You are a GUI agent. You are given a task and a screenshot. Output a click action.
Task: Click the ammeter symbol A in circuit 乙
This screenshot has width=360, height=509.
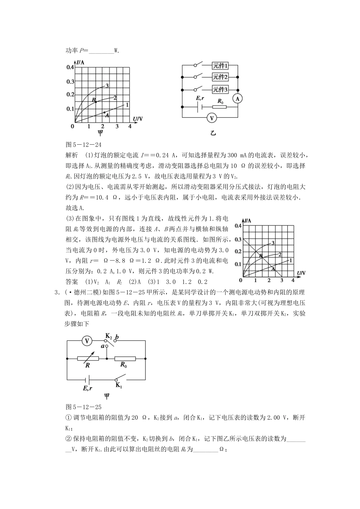pos(238,98)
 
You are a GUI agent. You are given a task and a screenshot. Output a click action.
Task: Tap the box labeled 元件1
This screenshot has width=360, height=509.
pos(220,66)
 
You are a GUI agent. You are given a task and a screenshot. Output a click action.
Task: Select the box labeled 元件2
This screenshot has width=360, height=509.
pos(220,77)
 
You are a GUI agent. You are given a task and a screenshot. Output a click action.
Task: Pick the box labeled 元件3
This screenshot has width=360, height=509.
pos(220,90)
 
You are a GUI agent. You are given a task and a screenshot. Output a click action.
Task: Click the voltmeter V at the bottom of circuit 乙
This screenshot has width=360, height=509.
pos(212,118)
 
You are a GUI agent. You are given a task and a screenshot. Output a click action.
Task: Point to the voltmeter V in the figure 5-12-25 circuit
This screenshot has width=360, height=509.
pos(87,341)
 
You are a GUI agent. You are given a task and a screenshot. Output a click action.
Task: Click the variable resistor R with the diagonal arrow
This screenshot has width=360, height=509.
pos(88,358)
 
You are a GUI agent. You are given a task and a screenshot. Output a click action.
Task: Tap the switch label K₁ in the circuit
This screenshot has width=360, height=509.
pos(119,386)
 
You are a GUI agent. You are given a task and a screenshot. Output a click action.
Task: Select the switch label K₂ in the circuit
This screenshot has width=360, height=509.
pos(108,336)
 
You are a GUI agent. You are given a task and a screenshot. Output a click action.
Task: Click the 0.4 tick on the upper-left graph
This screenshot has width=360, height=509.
pos(70,67)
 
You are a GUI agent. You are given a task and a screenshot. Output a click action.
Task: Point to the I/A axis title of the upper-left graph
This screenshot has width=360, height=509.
pos(80,62)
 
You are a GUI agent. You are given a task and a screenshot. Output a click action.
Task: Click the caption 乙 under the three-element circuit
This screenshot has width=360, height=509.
pos(213,133)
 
